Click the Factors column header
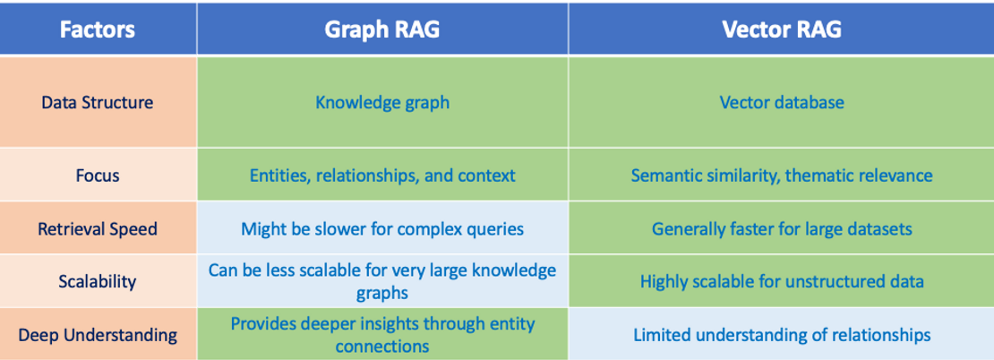[x=98, y=30]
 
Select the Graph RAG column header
[x=382, y=30]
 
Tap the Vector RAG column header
[x=781, y=30]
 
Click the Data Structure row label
[x=98, y=102]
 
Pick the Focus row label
[x=98, y=176]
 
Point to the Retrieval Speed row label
[x=98, y=229]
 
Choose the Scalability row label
[x=98, y=281]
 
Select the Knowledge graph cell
[x=382, y=102]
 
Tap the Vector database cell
[x=781, y=102]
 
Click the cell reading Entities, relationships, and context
[x=382, y=176]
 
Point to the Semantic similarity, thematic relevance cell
[x=781, y=176]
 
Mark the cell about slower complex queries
[x=382, y=229]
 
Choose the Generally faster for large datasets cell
[x=781, y=229]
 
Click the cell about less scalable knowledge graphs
[x=382, y=281]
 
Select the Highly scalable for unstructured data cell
[x=781, y=281]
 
